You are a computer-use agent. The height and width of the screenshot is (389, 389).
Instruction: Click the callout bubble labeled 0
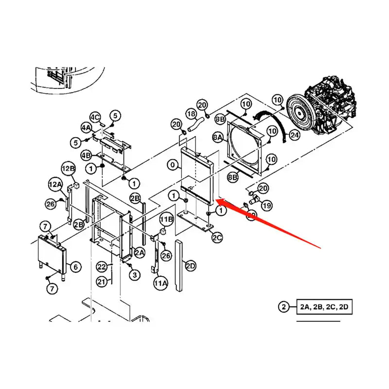coord(173,165)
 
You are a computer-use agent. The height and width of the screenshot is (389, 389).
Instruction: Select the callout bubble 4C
coord(95,117)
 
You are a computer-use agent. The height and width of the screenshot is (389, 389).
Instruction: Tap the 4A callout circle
coord(86,128)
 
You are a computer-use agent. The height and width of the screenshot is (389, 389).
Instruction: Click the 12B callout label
coord(69,169)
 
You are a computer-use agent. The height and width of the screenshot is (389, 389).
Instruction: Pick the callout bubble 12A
coord(55,184)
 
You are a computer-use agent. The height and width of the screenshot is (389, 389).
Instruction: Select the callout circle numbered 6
coord(75,266)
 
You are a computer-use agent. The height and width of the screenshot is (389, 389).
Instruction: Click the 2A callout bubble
coord(139,252)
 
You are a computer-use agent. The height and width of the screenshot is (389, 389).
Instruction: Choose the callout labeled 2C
coord(217,237)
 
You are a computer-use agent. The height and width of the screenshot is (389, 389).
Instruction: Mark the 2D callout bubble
coord(190,266)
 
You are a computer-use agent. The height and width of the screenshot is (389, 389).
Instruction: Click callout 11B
coord(166,219)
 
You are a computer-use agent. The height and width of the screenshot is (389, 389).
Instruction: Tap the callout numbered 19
coord(266,206)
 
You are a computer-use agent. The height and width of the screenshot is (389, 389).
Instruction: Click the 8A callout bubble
coord(217,138)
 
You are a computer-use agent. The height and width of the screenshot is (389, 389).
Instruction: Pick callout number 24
coord(294,135)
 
